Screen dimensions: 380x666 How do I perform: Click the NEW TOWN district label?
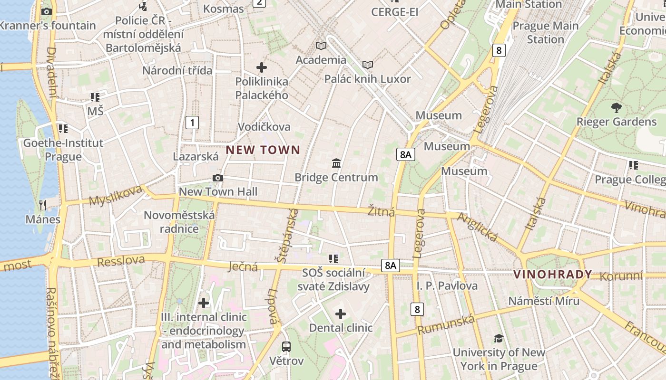click(263, 150)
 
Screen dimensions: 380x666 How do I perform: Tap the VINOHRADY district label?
click(553, 274)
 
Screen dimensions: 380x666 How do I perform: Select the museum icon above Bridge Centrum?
click(336, 163)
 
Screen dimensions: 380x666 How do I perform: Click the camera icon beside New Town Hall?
click(218, 178)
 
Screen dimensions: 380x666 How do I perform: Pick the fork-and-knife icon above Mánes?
click(43, 205)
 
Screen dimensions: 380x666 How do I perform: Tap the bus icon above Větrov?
click(286, 347)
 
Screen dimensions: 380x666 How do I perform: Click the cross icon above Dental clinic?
click(341, 313)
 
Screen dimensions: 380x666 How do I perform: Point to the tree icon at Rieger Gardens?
click(617, 107)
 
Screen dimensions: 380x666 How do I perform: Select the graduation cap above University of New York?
click(499, 338)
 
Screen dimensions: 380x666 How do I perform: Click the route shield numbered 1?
click(192, 123)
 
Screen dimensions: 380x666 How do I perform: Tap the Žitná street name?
click(382, 211)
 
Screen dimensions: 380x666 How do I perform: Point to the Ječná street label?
click(243, 266)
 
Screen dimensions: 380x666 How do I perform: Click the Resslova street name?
click(121, 261)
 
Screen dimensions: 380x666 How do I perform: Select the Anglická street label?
click(477, 227)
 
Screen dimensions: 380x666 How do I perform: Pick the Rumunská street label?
click(446, 324)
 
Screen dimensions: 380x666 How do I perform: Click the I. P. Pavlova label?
click(447, 286)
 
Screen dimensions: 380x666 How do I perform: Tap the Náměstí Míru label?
click(544, 301)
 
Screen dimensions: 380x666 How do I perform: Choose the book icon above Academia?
click(321, 46)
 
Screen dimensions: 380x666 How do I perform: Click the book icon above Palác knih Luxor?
click(367, 65)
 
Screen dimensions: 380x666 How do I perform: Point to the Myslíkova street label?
click(116, 195)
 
